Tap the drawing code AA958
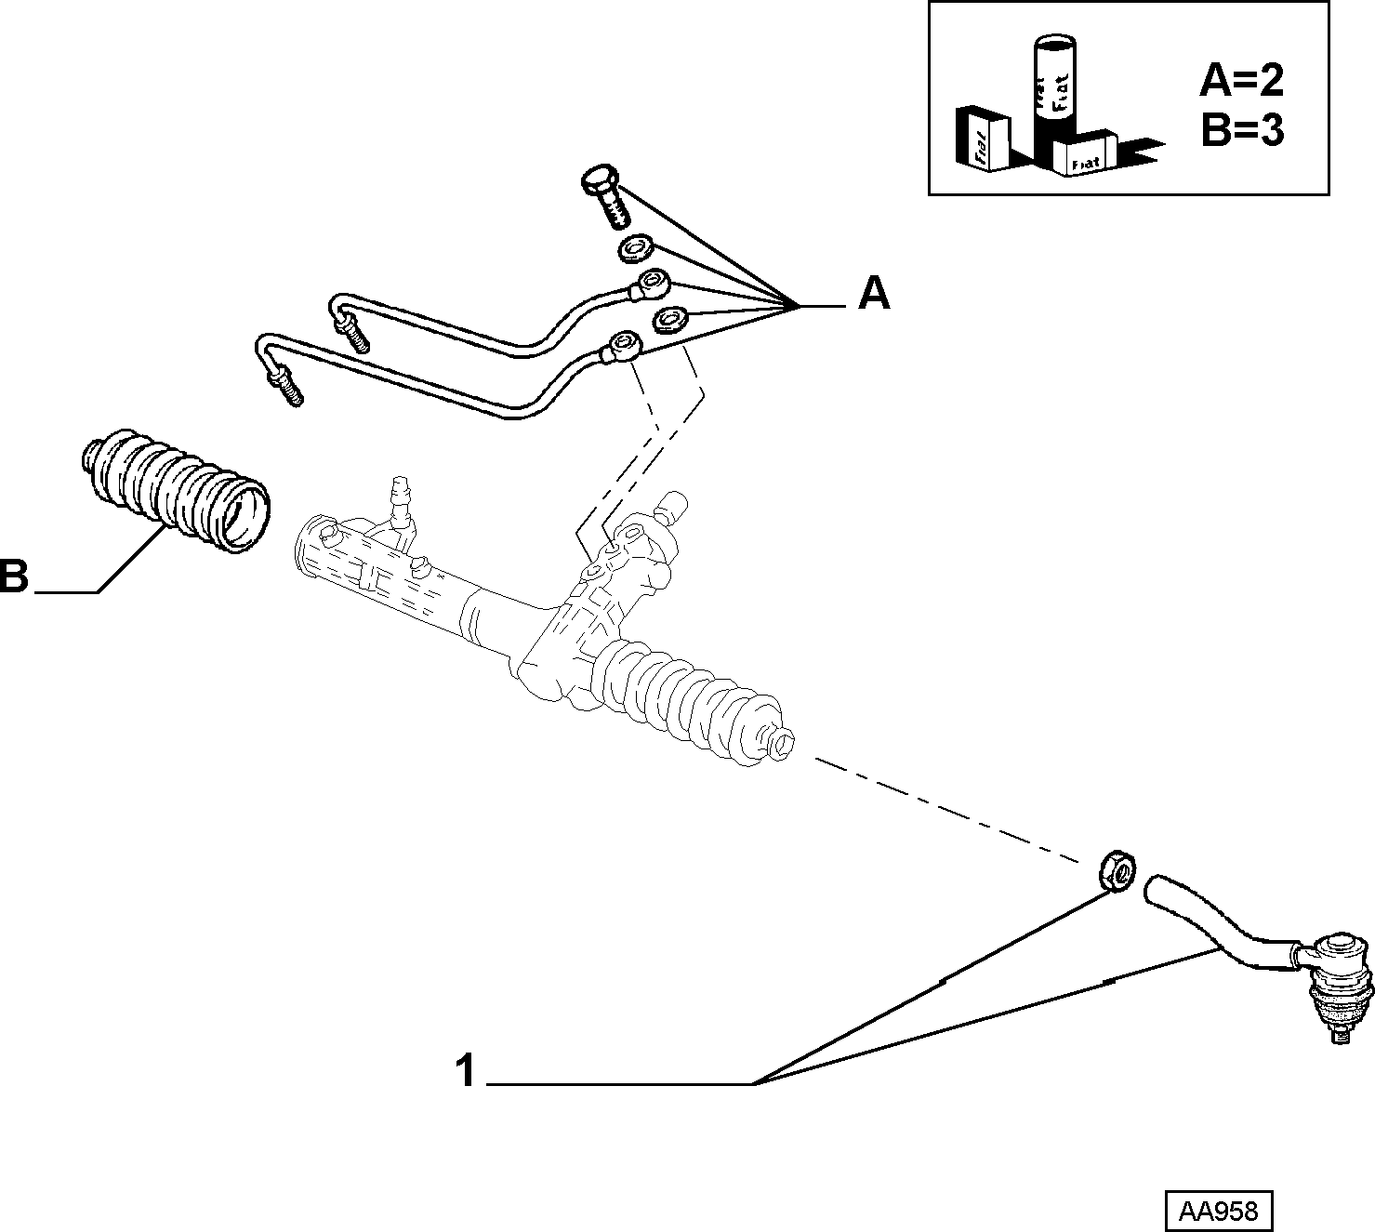1218,1211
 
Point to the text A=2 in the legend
1241,81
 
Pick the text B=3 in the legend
1242,130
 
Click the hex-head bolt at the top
604,195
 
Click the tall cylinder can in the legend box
1053,102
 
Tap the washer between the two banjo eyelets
669,319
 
